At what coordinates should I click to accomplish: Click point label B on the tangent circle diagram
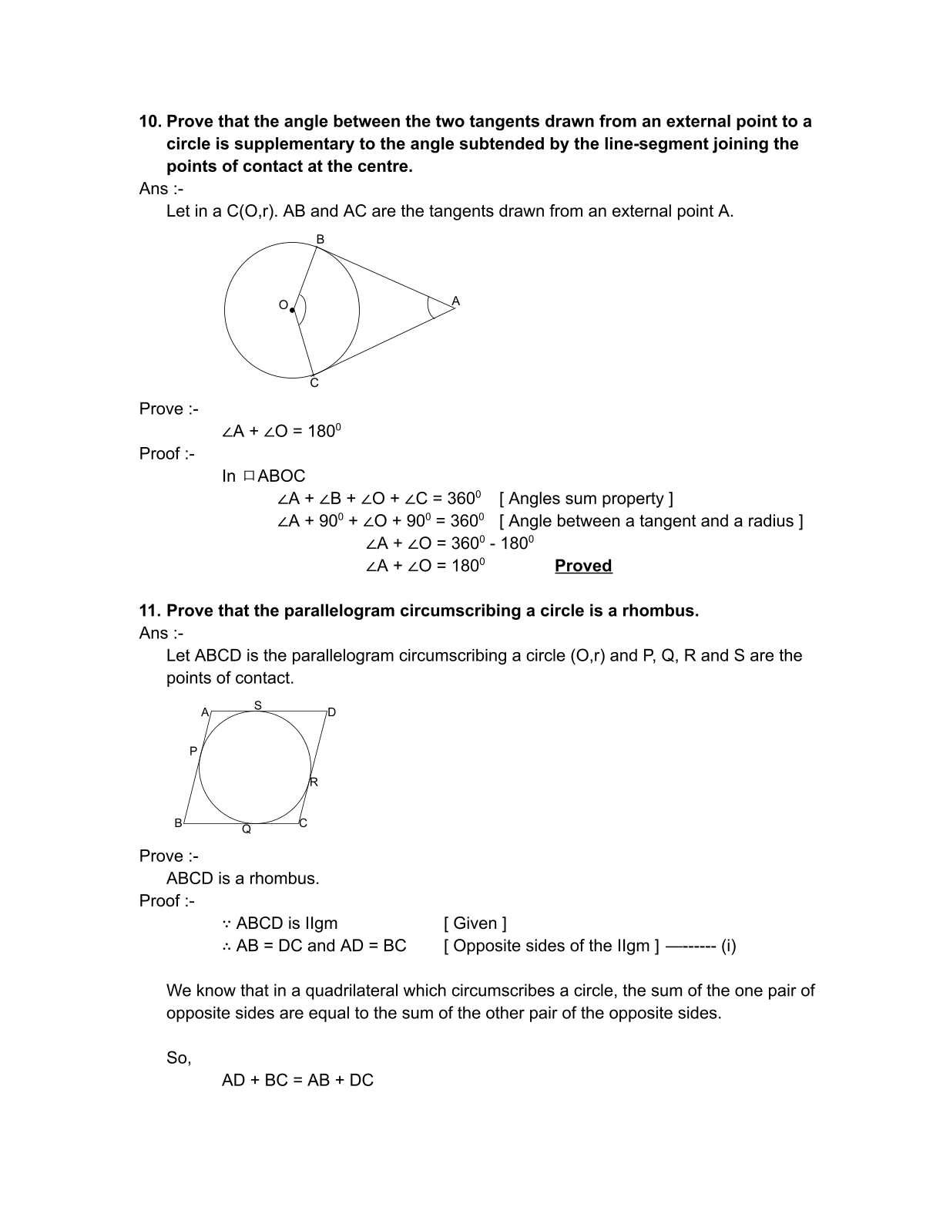[x=320, y=240]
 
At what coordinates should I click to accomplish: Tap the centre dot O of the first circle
[x=292, y=310]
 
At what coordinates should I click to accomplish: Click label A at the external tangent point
[x=455, y=301]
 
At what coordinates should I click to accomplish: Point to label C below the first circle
[x=314, y=383]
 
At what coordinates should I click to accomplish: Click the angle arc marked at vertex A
[x=429, y=307]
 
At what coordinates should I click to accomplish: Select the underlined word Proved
[x=583, y=566]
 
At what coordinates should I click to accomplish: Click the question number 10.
[x=149, y=122]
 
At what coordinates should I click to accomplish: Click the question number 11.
[x=149, y=610]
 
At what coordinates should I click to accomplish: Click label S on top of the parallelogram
[x=258, y=705]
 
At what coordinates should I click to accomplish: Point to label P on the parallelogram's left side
[x=193, y=751]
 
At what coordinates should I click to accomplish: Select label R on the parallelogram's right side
[x=314, y=782]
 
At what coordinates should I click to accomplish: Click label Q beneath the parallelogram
[x=247, y=829]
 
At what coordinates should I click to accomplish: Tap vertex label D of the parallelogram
[x=331, y=712]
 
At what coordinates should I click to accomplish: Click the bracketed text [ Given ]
[x=475, y=923]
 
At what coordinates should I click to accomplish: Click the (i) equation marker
[x=728, y=946]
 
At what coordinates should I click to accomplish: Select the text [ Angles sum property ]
[x=586, y=499]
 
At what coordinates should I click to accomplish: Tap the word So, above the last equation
[x=179, y=1058]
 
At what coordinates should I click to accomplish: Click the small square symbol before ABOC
[x=249, y=476]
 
